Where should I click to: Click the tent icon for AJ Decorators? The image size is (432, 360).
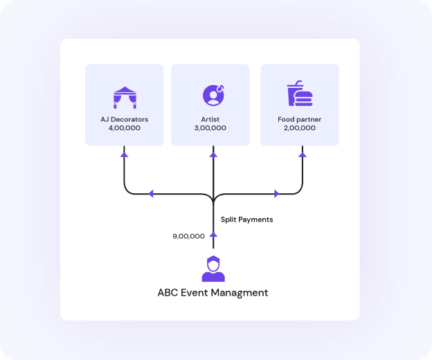pos(125,96)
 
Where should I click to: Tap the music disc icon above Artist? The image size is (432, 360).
pos(213,94)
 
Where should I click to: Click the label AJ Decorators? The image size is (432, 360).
pos(125,119)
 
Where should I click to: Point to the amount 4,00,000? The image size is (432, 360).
pos(125,128)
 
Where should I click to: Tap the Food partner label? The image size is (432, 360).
pos(299,119)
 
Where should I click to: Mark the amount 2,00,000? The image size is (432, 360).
pos(299,128)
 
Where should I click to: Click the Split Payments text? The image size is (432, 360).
pos(246,219)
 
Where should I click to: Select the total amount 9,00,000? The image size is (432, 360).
pos(188,236)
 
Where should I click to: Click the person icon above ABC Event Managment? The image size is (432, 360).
pos(213,269)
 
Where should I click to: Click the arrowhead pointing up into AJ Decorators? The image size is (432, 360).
pos(125,154)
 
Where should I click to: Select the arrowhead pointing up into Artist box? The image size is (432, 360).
pos(213,154)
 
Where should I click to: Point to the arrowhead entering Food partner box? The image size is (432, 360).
pos(302,154)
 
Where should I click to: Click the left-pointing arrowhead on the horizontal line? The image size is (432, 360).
pos(150,194)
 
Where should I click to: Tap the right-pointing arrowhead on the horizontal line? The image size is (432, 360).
pos(277,194)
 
